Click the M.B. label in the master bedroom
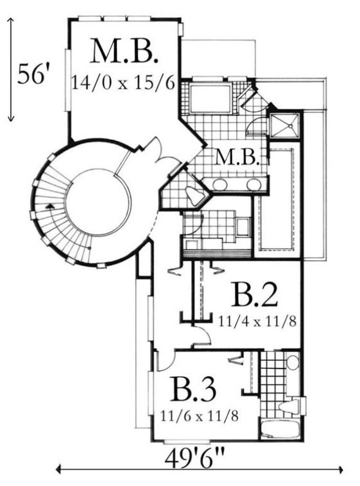point(125,51)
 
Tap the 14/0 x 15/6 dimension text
point(123,83)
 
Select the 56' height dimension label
point(33,75)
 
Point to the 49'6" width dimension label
point(194,459)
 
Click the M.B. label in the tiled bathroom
point(238,157)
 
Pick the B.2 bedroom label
point(254,295)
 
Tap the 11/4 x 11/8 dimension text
point(257,321)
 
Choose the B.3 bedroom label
point(194,390)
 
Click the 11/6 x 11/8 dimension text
point(199,416)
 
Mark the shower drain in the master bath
point(290,126)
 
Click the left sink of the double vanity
point(220,184)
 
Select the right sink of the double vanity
point(254,184)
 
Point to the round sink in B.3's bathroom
point(292,363)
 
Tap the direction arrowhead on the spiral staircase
point(49,206)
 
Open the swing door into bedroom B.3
point(165,361)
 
